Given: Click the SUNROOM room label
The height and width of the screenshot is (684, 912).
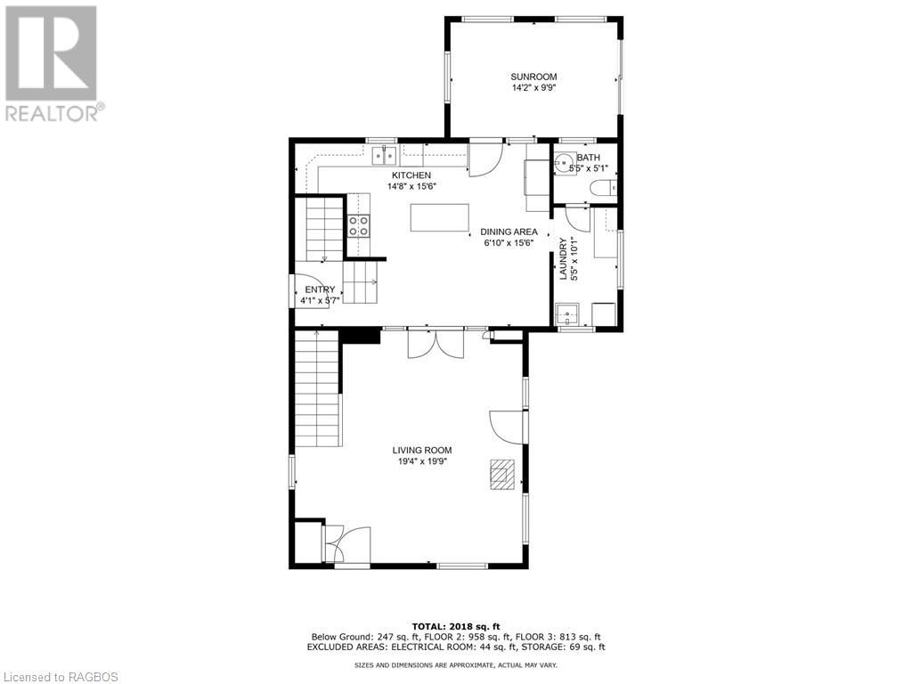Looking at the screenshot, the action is tap(533, 77).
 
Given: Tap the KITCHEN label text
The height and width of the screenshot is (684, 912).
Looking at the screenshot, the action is tap(411, 175).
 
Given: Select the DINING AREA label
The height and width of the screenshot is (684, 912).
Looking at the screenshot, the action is tap(509, 232).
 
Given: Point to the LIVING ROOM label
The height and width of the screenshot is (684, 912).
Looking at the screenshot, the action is tap(421, 450).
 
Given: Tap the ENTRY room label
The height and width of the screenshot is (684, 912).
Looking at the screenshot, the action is tap(320, 289).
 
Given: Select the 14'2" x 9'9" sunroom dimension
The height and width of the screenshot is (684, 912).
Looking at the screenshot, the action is tap(533, 88).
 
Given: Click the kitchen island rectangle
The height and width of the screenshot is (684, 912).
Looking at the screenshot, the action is tap(439, 217).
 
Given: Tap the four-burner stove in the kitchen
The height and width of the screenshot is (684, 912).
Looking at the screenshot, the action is tap(358, 225).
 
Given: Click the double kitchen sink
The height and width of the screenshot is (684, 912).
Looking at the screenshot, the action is tap(385, 155).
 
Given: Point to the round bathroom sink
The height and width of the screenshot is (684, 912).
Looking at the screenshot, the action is tap(564, 163).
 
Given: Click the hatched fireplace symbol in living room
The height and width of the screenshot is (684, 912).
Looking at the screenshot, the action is tap(502, 474).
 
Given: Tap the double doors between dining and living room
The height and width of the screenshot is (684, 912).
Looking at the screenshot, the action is tap(436, 343).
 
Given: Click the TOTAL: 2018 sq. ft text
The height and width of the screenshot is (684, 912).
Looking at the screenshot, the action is tap(456, 626).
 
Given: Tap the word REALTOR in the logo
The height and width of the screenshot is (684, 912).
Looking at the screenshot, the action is tap(51, 113).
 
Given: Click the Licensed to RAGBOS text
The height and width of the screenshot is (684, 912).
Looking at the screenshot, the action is tap(60, 677).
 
